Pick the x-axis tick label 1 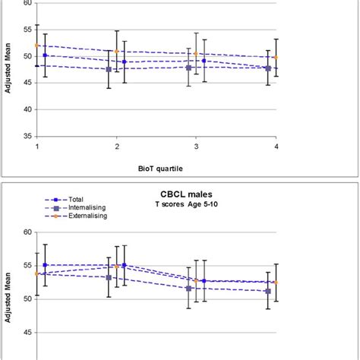pos(36,146)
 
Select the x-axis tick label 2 pos(116,146)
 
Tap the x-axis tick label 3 pos(196,146)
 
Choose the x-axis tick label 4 pos(276,146)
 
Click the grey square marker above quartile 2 pos(109,69)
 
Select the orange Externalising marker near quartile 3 pos(196,54)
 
